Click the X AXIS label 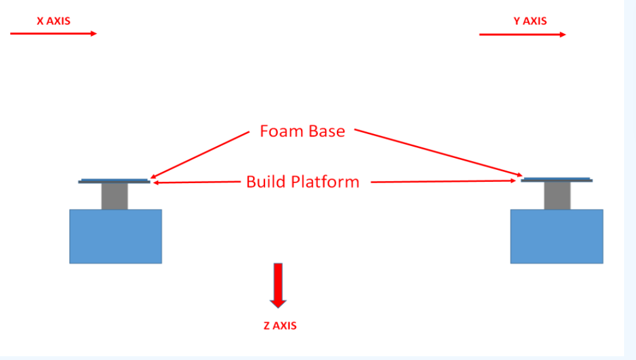pos(54,21)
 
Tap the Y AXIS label pos(530,21)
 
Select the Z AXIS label pos(279,326)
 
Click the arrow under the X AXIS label pos(54,33)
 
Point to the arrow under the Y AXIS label pos(522,35)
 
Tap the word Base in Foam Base pos(326,131)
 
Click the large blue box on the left pos(115,236)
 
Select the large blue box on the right pos(557,236)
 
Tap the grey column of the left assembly pos(115,196)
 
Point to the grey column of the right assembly pos(557,196)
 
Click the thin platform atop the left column pos(114,181)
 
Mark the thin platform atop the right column pos(557,180)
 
